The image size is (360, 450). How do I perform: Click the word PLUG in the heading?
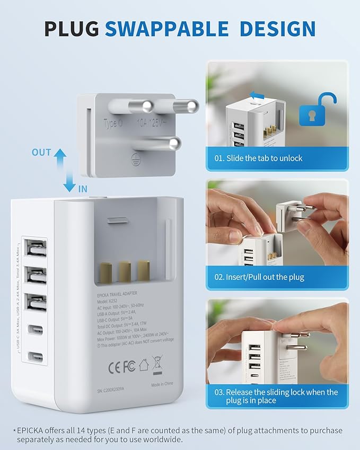(x=72, y=28)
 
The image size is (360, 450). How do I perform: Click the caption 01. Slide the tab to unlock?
(x=259, y=158)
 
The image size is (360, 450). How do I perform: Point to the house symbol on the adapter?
(x=143, y=365)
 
